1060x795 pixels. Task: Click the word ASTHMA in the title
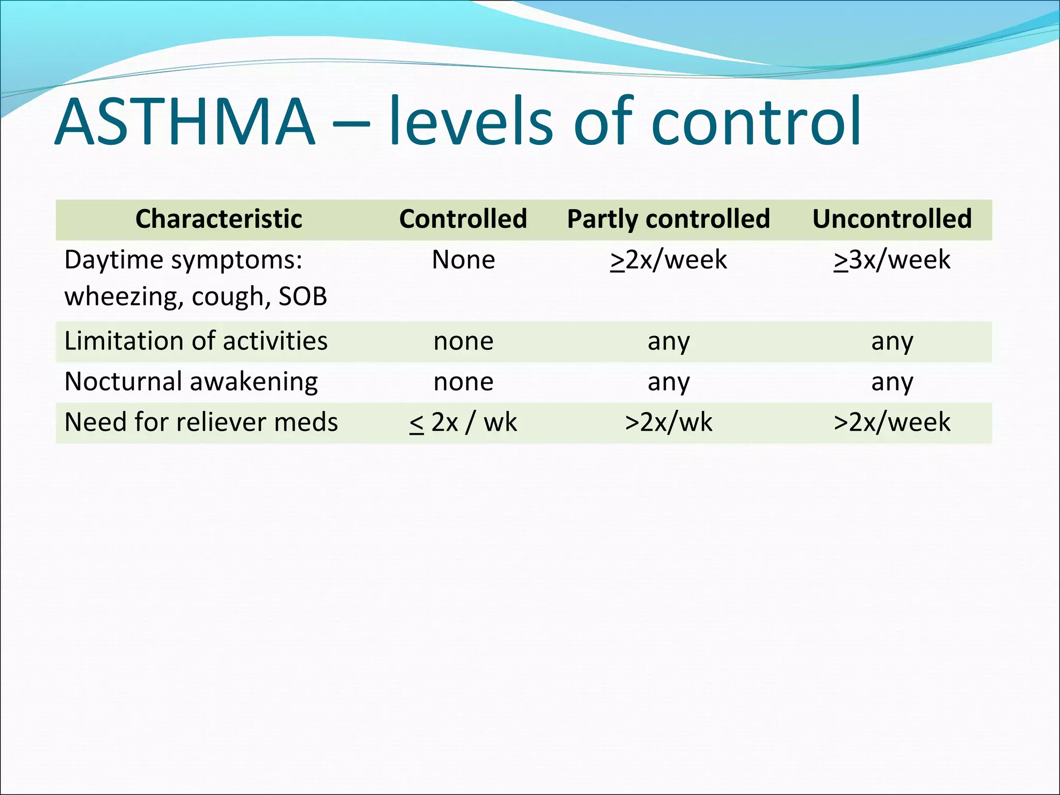click(185, 122)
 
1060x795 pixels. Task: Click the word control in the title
click(756, 122)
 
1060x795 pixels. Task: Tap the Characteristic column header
click(218, 219)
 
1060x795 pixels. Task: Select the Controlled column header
click(463, 219)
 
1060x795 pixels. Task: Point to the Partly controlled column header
click(668, 219)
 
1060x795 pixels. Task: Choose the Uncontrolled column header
click(892, 219)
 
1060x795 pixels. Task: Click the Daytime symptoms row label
click(183, 260)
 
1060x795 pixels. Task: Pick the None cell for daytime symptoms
click(463, 260)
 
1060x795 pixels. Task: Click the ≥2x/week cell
click(668, 260)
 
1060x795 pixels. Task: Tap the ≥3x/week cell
click(892, 260)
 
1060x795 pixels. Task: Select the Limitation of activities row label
click(196, 341)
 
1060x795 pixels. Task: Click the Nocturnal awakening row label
click(191, 382)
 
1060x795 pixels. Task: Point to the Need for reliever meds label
click(201, 422)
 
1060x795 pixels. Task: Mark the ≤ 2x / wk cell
click(463, 422)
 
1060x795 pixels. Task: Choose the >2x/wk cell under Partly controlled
click(668, 422)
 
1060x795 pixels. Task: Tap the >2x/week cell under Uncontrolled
click(892, 422)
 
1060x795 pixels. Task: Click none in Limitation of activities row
click(463, 342)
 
